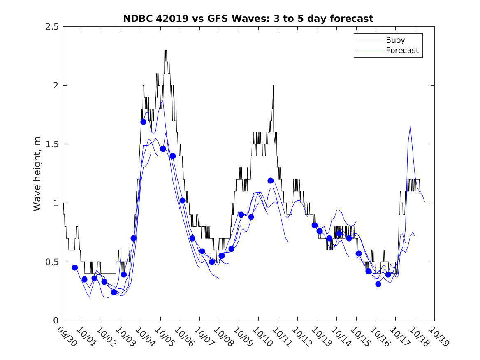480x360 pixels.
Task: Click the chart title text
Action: [x=248, y=19]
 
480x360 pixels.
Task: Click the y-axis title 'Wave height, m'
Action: [x=37, y=174]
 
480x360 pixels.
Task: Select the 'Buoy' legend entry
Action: [x=395, y=40]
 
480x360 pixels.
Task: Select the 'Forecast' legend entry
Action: [x=402, y=51]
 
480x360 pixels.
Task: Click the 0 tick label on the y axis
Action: [x=56, y=321]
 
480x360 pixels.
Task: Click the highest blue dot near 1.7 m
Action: [x=143, y=122]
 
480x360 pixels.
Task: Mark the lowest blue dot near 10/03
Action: [x=114, y=292]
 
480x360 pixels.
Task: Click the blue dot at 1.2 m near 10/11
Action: [x=271, y=181]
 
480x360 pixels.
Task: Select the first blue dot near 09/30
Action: [x=75, y=267]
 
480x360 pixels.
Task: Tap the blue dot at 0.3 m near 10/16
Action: [x=378, y=284]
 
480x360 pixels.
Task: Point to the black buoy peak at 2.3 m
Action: [x=166, y=51]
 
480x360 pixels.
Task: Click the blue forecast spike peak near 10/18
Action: [x=410, y=125]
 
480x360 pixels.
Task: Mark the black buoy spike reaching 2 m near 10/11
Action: [x=273, y=86]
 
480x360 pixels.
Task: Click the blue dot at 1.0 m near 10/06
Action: [x=182, y=200]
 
